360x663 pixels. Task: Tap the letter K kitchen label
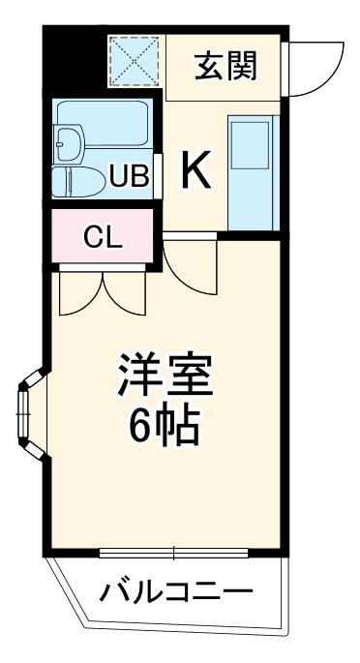196,172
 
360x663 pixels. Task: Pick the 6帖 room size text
165,425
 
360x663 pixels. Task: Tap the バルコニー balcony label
173,589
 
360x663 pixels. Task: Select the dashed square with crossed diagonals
135,60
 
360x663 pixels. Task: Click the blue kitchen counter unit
253,172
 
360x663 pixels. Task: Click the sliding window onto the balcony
174,554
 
